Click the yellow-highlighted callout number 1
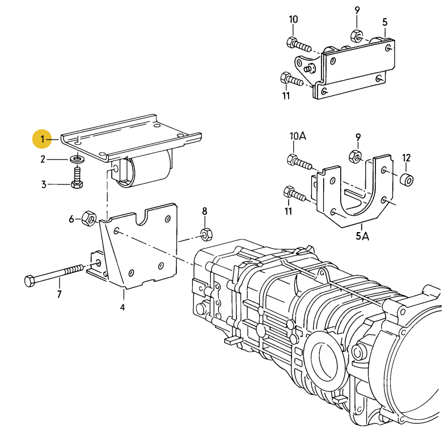click(x=42, y=139)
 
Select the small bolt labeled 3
click(x=77, y=178)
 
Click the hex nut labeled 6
click(x=89, y=218)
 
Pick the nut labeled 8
click(x=207, y=233)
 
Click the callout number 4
click(x=122, y=307)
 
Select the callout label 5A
click(x=362, y=235)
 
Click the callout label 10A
click(x=298, y=136)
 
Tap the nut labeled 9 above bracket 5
click(x=357, y=36)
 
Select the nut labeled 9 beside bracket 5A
click(x=355, y=156)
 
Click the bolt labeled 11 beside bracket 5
click(x=291, y=79)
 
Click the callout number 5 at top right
click(x=384, y=22)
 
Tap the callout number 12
click(x=407, y=158)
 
